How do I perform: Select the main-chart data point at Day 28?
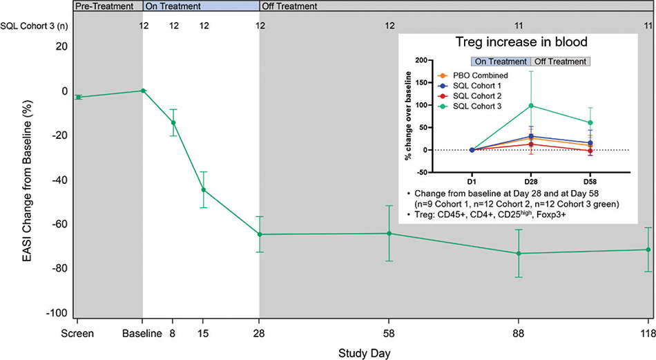click(260, 234)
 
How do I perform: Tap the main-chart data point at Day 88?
click(519, 253)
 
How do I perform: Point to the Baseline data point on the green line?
click(143, 91)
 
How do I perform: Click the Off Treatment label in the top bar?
click(290, 6)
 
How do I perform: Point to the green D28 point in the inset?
click(531, 106)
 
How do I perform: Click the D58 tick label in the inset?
click(590, 181)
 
